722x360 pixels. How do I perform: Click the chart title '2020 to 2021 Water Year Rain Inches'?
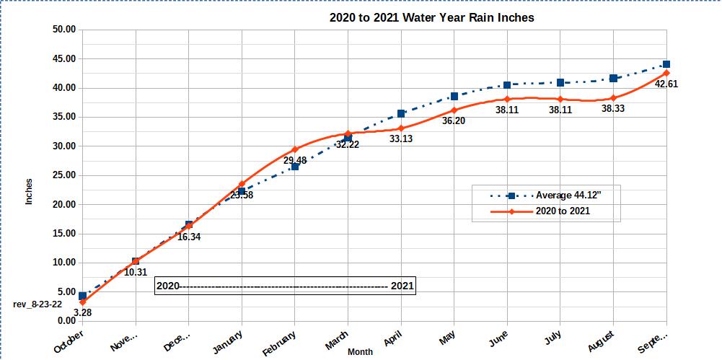pyautogui.click(x=431, y=17)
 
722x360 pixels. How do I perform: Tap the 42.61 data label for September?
pyautogui.click(x=666, y=84)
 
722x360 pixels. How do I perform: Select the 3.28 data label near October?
pyautogui.click(x=83, y=313)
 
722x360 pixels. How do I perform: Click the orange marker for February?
pyautogui.click(x=295, y=149)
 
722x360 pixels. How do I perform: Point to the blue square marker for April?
pyautogui.click(x=401, y=113)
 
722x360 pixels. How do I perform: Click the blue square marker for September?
pyautogui.click(x=666, y=64)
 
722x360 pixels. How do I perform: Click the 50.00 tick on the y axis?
pyautogui.click(x=64, y=30)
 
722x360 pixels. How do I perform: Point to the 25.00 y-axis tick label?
pyautogui.click(x=64, y=175)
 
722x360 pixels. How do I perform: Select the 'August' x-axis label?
pyautogui.click(x=601, y=340)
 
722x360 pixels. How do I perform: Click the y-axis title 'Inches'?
pyautogui.click(x=29, y=191)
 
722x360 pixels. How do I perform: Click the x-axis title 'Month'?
pyautogui.click(x=361, y=352)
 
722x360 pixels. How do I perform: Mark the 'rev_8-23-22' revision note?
pyautogui.click(x=38, y=304)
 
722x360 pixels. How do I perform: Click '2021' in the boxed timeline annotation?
pyautogui.click(x=402, y=286)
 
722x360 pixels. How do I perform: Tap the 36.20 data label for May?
pyautogui.click(x=454, y=121)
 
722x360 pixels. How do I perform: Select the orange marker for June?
pyautogui.click(x=507, y=99)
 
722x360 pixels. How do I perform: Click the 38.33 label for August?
pyautogui.click(x=613, y=108)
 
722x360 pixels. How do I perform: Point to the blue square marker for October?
pyautogui.click(x=83, y=296)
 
